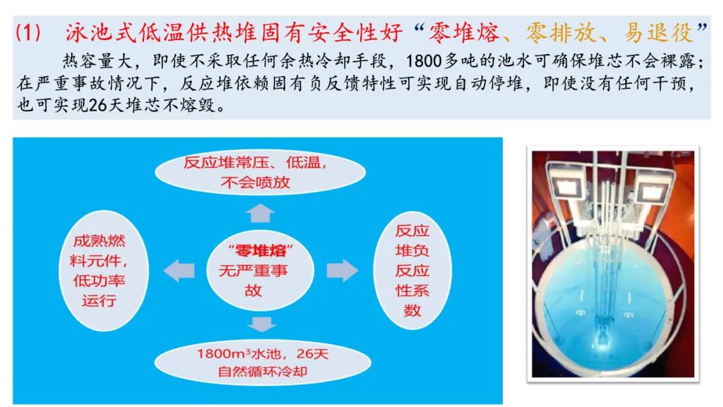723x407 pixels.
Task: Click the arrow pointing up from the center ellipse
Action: (260, 213)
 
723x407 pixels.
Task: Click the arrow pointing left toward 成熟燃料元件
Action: (179, 270)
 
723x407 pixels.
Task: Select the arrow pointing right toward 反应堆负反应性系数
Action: (342, 270)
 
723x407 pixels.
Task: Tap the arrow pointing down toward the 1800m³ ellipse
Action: (262, 324)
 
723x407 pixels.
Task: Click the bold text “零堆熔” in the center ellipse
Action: (260, 251)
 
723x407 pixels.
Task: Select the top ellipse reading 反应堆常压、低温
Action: (260, 172)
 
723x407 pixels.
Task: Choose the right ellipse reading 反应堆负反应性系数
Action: (412, 270)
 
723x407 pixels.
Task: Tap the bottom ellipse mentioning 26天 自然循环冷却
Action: (262, 363)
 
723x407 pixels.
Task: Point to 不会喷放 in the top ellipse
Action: (255, 183)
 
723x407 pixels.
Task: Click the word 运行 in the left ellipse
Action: (99, 301)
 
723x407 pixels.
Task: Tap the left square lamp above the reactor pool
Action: (567, 189)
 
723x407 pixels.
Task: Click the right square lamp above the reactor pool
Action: (651, 191)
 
